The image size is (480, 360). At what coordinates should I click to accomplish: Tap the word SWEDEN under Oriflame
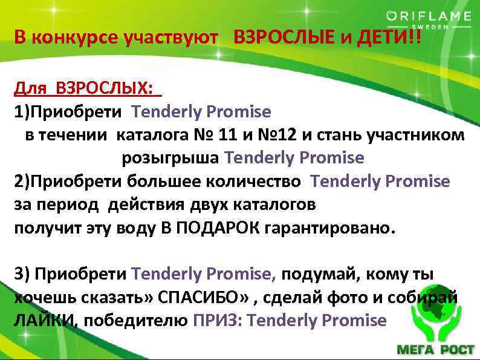[430, 28]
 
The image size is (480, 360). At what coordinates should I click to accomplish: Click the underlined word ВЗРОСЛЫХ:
[103, 89]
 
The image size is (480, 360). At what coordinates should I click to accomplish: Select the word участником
[417, 136]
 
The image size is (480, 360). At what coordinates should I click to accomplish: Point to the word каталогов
[277, 205]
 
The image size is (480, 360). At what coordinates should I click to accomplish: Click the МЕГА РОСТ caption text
[434, 350]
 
